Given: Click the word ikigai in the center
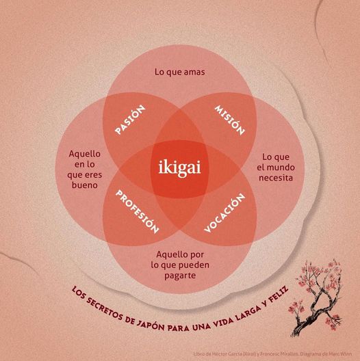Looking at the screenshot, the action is tap(179, 168).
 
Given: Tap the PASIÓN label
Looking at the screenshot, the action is tap(130, 120).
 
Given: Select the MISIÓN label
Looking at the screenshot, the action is tap(229, 120).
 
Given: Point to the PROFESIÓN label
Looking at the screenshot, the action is tap(137, 212).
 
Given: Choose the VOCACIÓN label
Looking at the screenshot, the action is tap(224, 213).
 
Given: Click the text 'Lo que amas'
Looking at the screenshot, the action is tap(180, 72).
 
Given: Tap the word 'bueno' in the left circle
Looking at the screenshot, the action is tap(85, 185).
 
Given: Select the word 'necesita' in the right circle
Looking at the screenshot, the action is tap(276, 178).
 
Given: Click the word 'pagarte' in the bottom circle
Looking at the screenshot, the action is tap(180, 276).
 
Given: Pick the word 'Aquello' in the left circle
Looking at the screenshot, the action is tap(85, 154).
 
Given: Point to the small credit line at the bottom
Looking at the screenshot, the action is tap(272, 354).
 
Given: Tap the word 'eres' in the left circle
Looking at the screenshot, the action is tap(93, 175).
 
